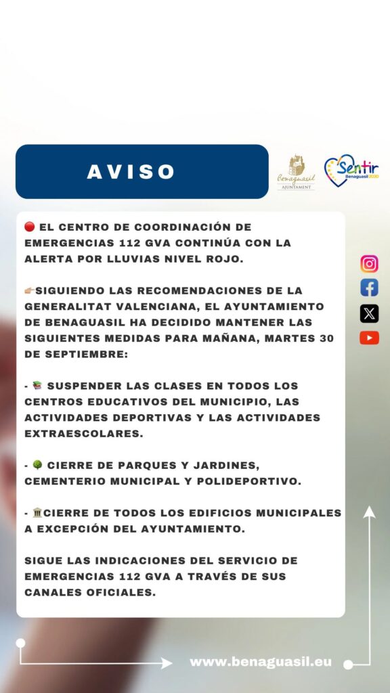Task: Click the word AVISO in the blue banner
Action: [x=131, y=172]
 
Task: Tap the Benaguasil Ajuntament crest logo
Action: [x=296, y=172]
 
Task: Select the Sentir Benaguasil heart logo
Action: [x=351, y=171]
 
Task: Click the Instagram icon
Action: [x=369, y=264]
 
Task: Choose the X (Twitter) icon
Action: [x=369, y=313]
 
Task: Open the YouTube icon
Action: [x=369, y=338]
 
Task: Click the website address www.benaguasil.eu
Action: [x=261, y=661]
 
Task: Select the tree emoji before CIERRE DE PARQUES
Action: [x=37, y=466]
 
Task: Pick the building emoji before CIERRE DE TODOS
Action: [x=37, y=513]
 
